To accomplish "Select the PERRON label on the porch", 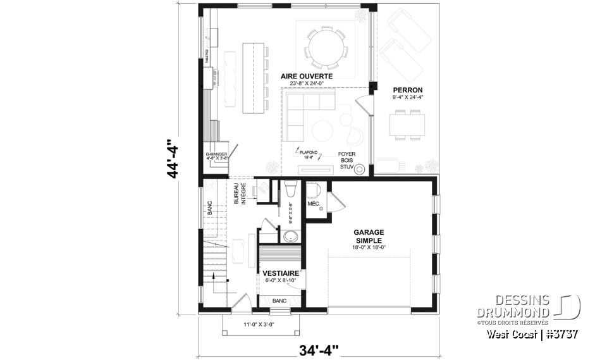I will (x=407, y=90).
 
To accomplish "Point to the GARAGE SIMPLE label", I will (x=370, y=236).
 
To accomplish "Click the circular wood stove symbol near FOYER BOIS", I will (x=359, y=169).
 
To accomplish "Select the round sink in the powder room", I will (x=291, y=236).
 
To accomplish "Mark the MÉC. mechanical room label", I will (x=313, y=204).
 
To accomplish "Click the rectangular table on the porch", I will (x=407, y=123).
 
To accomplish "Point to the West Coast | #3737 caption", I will (x=533, y=333).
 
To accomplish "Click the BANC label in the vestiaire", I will (x=279, y=301).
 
